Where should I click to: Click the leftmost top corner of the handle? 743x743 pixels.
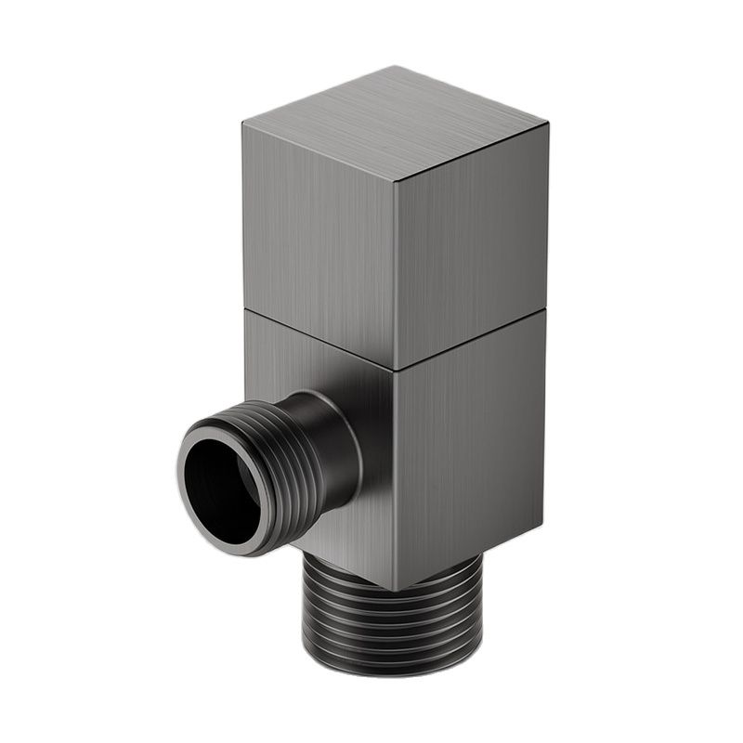(x=243, y=123)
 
